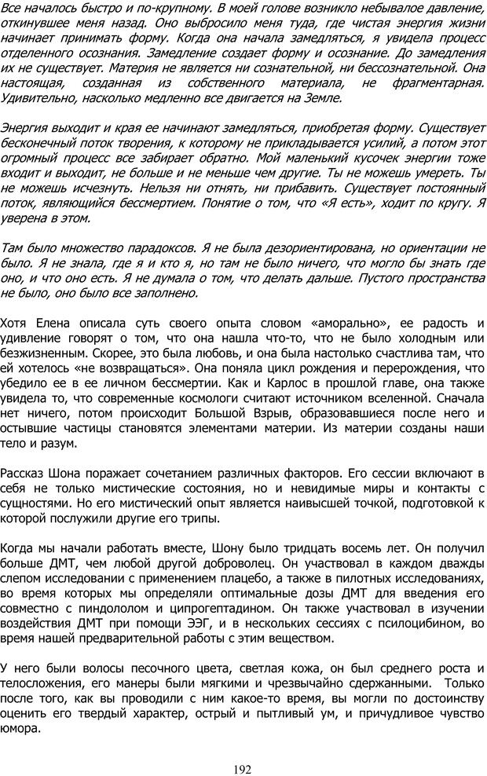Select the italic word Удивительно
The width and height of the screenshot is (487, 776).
pos(42,97)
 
